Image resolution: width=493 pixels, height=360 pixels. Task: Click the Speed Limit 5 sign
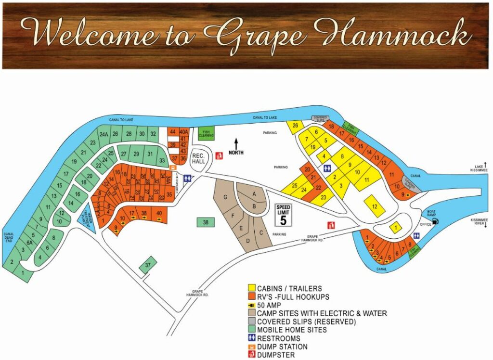click(x=283, y=215)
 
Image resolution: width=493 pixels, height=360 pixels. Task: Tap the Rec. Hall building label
click(x=199, y=159)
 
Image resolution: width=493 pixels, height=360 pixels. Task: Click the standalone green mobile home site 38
click(x=206, y=222)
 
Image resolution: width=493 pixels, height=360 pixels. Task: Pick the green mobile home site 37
click(x=148, y=265)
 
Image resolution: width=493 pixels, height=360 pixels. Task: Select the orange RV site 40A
click(x=183, y=131)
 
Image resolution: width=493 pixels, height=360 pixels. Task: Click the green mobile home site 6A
click(x=29, y=243)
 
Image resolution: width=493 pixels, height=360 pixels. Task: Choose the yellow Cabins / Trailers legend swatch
click(x=252, y=288)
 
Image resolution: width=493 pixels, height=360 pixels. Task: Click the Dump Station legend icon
click(x=252, y=347)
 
